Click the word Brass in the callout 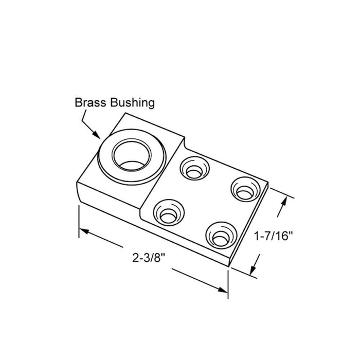point(91,102)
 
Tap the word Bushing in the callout point(133,103)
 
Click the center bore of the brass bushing point(132,156)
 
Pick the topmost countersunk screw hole point(195,168)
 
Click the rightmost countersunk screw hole point(246,189)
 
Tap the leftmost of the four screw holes point(169,212)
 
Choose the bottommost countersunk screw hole point(221,236)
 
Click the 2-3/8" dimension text point(149,257)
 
